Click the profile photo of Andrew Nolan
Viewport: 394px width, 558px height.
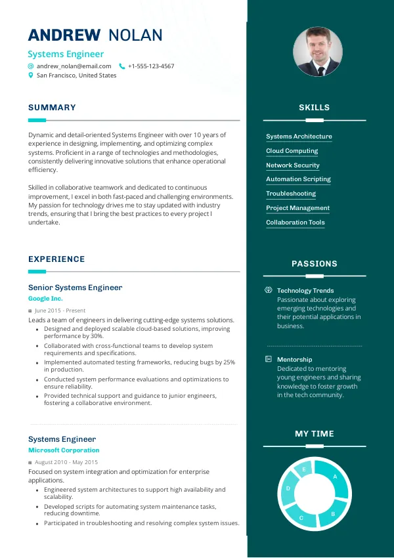pyautogui.click(x=317, y=52)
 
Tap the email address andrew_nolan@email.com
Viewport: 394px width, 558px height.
pyautogui.click(x=74, y=66)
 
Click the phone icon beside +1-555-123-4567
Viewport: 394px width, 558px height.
pyautogui.click(x=121, y=66)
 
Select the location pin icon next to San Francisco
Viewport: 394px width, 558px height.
pyautogui.click(x=30, y=75)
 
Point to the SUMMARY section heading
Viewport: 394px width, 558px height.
pyautogui.click(x=52, y=108)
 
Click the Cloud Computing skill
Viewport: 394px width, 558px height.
pyautogui.click(x=292, y=151)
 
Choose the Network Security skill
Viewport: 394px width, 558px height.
pyautogui.click(x=292, y=165)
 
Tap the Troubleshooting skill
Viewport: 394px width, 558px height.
pyautogui.click(x=290, y=194)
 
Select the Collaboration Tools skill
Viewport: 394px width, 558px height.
pyautogui.click(x=295, y=223)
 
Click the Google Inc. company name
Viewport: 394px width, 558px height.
pyautogui.click(x=45, y=299)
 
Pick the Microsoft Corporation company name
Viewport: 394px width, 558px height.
pyautogui.click(x=64, y=450)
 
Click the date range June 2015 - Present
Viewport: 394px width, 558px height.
pyautogui.click(x=60, y=311)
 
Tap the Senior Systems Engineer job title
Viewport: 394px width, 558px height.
pyautogui.click(x=75, y=288)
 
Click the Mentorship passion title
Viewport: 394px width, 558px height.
pyautogui.click(x=294, y=360)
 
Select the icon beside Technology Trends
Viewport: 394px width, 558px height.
pyautogui.click(x=268, y=290)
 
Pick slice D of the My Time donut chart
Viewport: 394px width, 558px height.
pyautogui.click(x=288, y=489)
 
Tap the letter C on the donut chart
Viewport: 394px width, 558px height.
pyautogui.click(x=301, y=518)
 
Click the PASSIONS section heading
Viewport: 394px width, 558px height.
pyautogui.click(x=314, y=264)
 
